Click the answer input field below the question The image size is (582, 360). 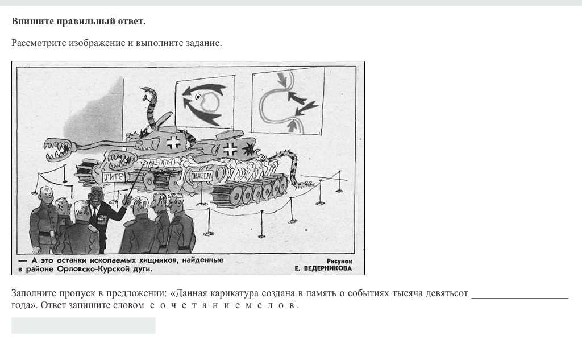pyautogui.click(x=83, y=325)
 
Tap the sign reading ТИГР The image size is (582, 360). pyautogui.click(x=114, y=177)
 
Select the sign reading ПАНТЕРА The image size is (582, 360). pyautogui.click(x=202, y=176)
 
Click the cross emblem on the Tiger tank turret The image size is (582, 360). pyautogui.click(x=173, y=142)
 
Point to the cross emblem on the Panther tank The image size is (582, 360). pyautogui.click(x=231, y=149)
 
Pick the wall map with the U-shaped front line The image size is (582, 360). pyautogui.click(x=288, y=101)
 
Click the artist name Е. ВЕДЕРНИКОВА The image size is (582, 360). pyautogui.click(x=323, y=268)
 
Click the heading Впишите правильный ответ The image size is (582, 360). pyautogui.click(x=78, y=21)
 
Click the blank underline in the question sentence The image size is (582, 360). pyautogui.click(x=519, y=297)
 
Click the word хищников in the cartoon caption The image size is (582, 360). pyautogui.click(x=159, y=260)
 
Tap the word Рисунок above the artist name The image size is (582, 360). pyautogui.click(x=339, y=261)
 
